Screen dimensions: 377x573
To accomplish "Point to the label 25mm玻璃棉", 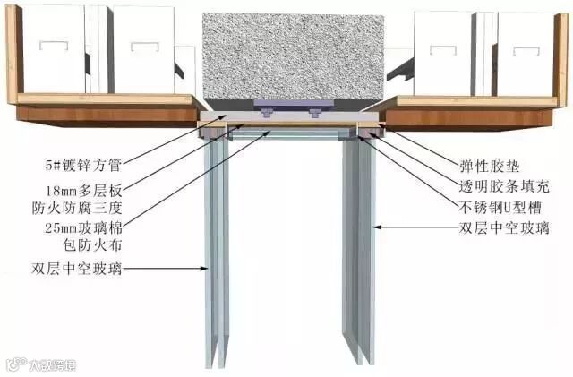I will pos(85,229).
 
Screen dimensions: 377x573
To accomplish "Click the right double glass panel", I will pos(357,251).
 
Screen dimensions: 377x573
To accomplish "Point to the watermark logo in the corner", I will pos(41,364).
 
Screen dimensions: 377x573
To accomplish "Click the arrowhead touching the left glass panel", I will pos(206,268).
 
